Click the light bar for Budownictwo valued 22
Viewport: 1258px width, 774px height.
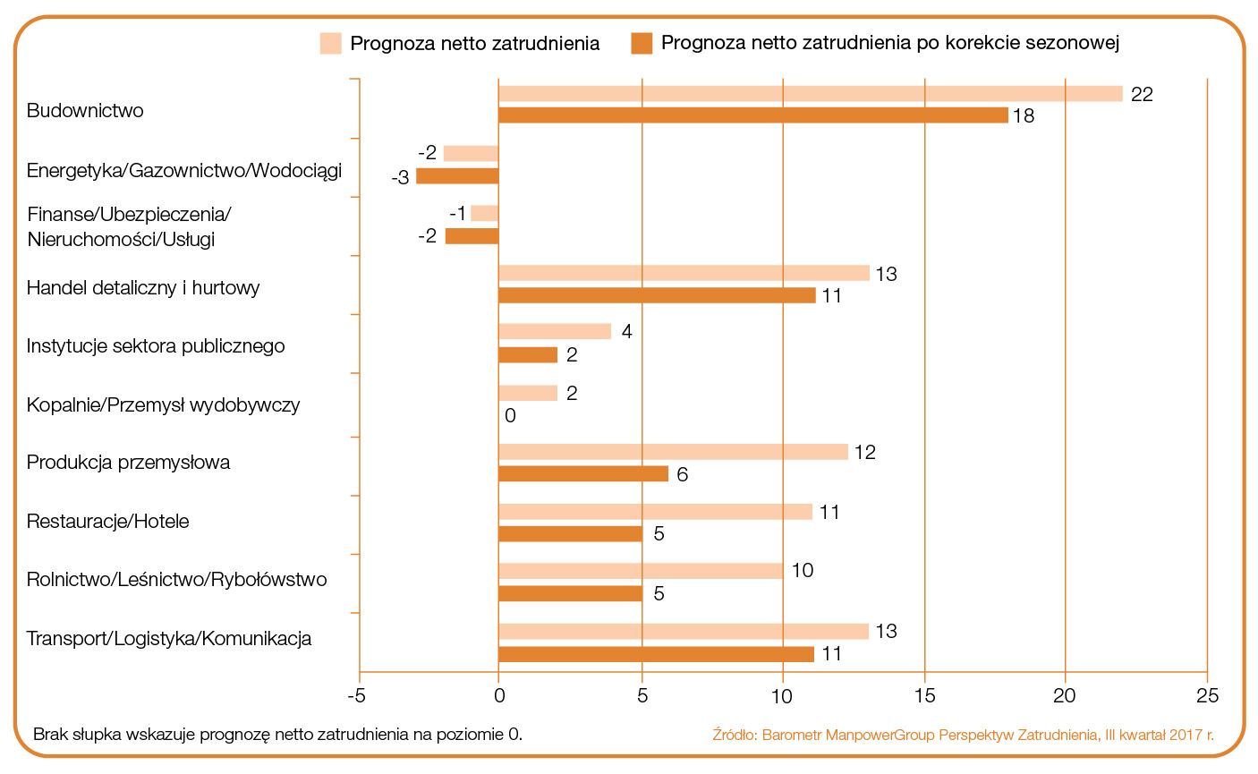[x=810, y=94]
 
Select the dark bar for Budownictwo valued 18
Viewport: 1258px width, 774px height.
[x=752, y=115]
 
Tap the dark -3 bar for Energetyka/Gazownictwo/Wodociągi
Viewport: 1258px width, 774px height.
[x=457, y=176]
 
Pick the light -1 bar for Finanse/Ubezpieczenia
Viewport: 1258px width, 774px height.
[x=484, y=213]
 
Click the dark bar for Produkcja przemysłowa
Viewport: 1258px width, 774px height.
[x=583, y=474]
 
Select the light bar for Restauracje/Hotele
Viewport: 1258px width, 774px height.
[x=655, y=512]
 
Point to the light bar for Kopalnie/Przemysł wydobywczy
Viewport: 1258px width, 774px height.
[x=528, y=393]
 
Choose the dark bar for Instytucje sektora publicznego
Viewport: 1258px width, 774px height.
[x=528, y=355]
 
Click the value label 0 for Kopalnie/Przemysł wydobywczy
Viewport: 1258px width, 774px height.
[x=510, y=416]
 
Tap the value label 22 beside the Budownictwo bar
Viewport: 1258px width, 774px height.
[x=1142, y=94]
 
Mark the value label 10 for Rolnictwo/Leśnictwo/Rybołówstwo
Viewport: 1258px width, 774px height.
[x=803, y=571]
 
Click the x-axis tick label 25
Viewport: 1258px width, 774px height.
[x=1207, y=695]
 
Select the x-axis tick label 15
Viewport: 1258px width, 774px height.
[x=924, y=695]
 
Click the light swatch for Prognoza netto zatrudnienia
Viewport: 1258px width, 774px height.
[x=331, y=43]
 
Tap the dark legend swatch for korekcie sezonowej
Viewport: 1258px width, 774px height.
[x=642, y=43]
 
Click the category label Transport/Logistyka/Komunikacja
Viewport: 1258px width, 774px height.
[x=169, y=639]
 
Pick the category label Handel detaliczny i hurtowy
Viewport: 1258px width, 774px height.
[x=143, y=288]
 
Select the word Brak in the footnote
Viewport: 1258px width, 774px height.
[x=50, y=735]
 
